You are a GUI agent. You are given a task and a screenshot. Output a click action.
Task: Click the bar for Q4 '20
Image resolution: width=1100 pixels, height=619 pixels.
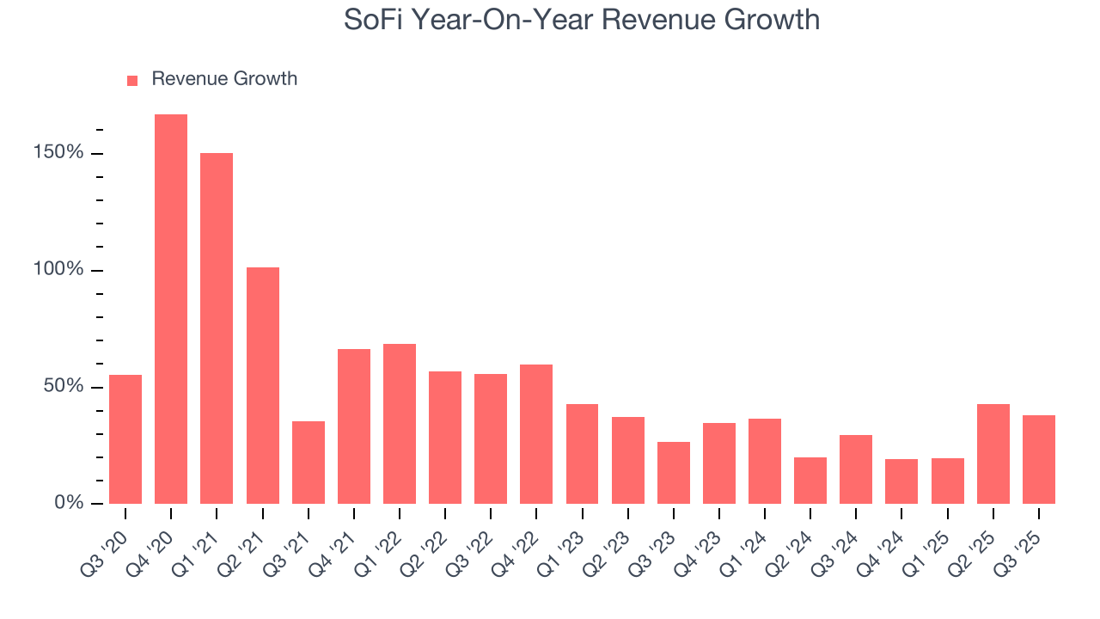[x=171, y=309]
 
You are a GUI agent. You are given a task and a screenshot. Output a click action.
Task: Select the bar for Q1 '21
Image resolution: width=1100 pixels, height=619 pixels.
[x=217, y=328]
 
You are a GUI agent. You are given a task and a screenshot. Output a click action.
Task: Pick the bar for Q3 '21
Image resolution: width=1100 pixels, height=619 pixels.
[x=308, y=463]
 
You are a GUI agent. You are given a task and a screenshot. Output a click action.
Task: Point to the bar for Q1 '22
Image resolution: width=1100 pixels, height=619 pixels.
[x=400, y=424]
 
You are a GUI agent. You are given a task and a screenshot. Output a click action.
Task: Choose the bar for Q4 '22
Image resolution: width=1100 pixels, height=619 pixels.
[x=536, y=434]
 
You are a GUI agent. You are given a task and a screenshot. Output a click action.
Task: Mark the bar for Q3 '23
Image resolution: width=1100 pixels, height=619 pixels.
[x=674, y=473]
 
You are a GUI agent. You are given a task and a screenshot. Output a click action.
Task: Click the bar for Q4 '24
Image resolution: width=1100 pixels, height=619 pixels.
[x=901, y=481]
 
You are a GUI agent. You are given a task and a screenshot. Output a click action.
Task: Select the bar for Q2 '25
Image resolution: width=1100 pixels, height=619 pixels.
[x=993, y=454]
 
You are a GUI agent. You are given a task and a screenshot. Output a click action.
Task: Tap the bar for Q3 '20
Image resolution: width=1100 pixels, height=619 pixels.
[x=125, y=439]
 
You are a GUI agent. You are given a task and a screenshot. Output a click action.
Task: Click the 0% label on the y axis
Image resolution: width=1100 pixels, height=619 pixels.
[x=70, y=503]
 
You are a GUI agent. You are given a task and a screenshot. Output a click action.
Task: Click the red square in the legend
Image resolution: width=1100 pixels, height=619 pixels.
[x=132, y=80]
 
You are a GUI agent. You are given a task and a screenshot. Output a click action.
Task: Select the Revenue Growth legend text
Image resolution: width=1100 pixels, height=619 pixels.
[x=224, y=79]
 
